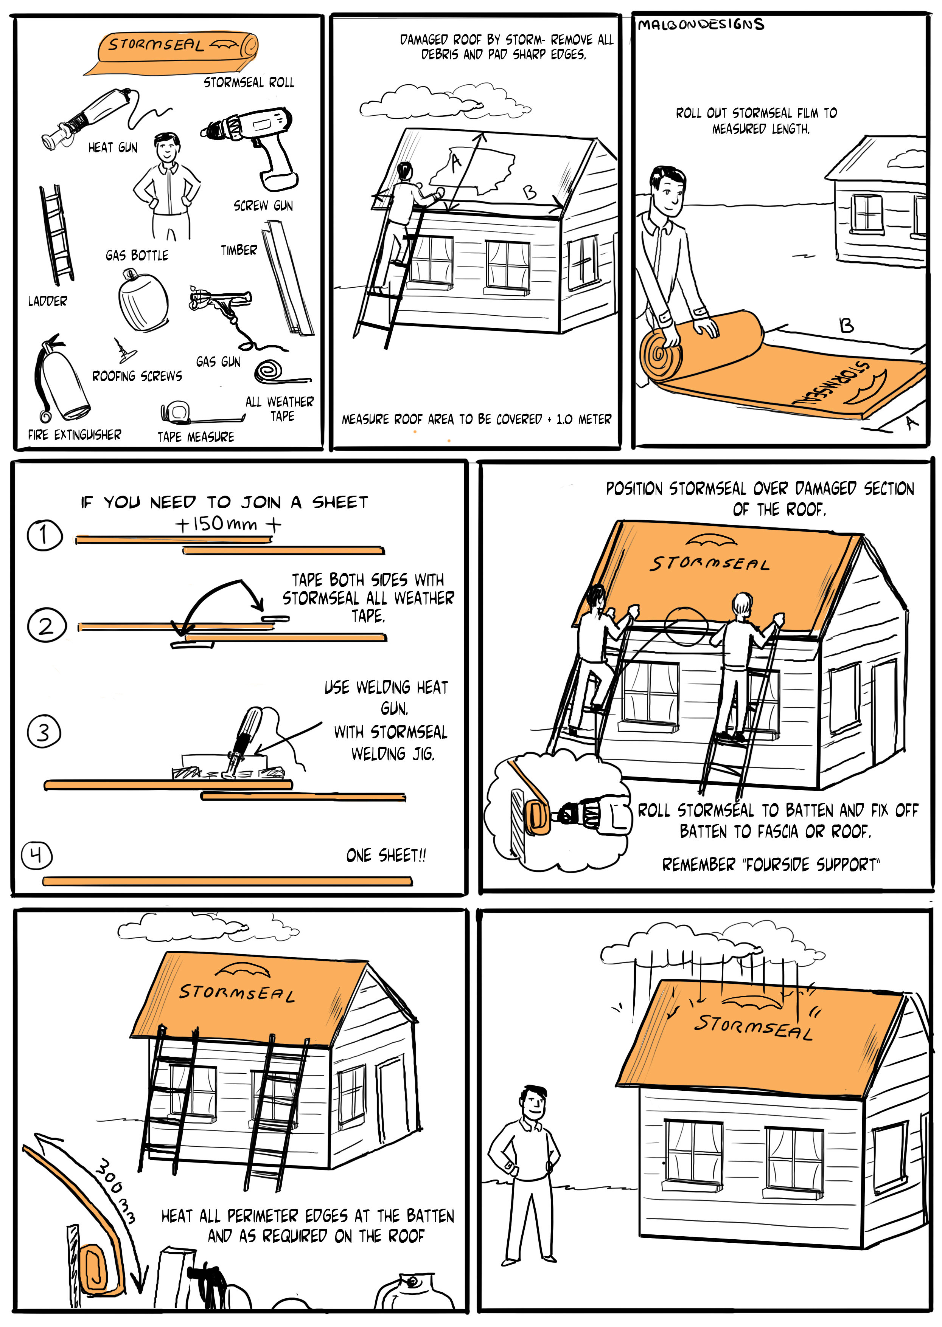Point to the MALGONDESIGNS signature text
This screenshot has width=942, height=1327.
point(701,24)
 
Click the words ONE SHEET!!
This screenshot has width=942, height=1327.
point(386,855)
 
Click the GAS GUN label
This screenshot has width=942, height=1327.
point(218,362)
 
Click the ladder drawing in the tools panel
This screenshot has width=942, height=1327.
point(57,235)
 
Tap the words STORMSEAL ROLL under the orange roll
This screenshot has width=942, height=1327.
point(249,82)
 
